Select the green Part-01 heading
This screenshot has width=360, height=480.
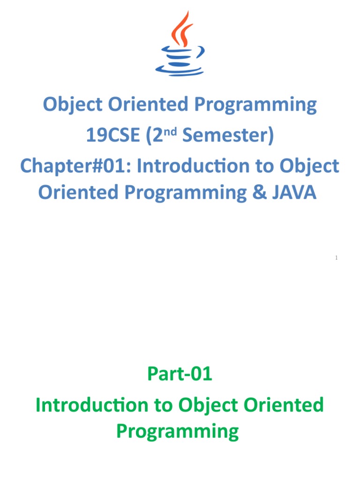[x=180, y=374]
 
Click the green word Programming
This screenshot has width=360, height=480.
[x=178, y=431]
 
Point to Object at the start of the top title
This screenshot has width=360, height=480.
[x=73, y=105]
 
